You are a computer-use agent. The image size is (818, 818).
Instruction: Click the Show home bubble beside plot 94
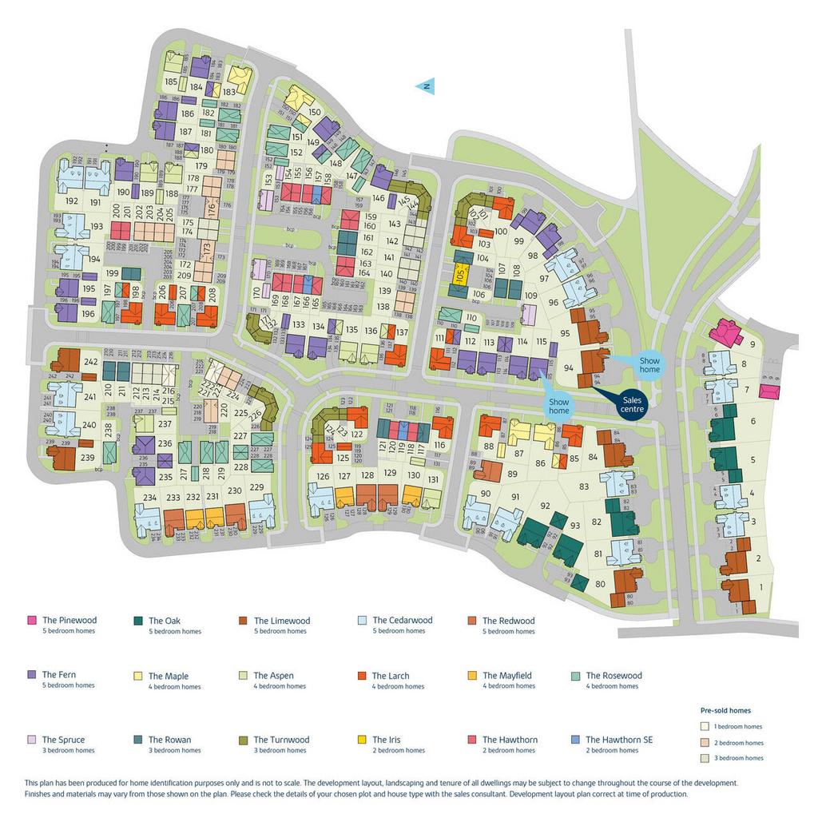(x=648, y=365)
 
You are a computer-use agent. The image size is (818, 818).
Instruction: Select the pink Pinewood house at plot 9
(x=726, y=332)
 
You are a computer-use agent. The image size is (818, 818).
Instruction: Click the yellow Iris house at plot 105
(x=459, y=274)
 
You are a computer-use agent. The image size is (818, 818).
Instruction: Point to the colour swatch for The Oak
(x=138, y=621)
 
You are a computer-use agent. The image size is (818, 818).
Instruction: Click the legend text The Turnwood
(x=281, y=740)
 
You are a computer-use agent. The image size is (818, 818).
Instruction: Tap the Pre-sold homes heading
(x=725, y=710)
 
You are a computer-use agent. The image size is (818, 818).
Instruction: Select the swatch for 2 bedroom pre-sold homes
(x=705, y=742)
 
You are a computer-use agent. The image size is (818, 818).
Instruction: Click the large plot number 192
(x=72, y=202)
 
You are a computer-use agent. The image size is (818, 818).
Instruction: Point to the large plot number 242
(x=90, y=362)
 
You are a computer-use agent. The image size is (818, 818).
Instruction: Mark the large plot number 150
(x=315, y=113)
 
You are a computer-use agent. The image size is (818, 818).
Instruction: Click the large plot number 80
(x=601, y=584)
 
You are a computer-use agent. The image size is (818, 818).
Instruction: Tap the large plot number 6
(x=752, y=421)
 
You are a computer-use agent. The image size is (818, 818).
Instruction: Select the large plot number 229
(x=256, y=487)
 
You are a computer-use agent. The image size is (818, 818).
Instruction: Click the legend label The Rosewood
(x=613, y=676)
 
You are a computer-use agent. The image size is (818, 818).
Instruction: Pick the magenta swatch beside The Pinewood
(x=32, y=621)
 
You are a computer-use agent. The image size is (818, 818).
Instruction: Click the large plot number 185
(x=171, y=81)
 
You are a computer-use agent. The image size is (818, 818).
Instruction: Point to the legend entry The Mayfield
(x=507, y=676)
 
